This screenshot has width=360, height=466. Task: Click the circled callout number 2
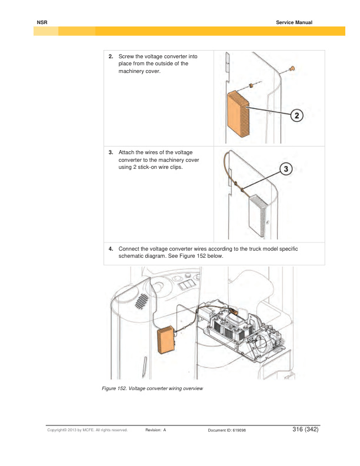297,115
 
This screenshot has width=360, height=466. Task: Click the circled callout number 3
286,169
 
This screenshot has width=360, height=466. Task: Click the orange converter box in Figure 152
166,340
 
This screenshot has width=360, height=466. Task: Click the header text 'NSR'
41,22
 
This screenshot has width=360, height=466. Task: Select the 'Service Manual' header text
294,22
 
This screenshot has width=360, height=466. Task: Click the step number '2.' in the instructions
111,56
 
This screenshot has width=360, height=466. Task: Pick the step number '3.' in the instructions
111,152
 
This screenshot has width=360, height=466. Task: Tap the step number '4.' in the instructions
111,249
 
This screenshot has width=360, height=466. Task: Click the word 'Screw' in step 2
127,56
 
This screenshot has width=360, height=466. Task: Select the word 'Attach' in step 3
128,152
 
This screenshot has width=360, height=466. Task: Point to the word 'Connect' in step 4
130,249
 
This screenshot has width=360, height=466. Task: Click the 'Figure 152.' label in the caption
112,388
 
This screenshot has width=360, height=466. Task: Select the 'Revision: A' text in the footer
155,431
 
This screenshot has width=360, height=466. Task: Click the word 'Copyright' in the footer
59,431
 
